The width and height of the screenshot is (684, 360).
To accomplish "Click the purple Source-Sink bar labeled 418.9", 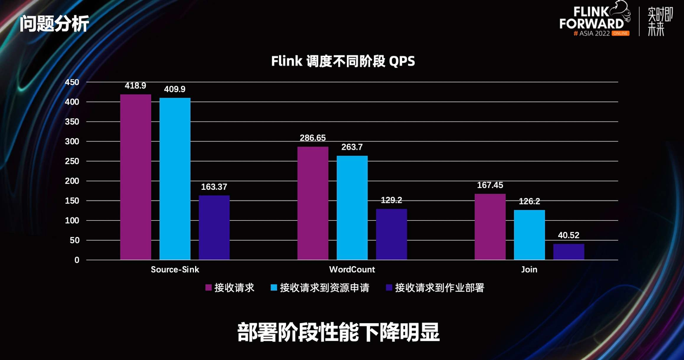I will pos(135,177).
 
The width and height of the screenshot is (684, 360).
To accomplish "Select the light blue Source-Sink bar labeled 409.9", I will pos(175,179).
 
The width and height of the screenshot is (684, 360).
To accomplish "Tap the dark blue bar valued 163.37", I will pos(214,228).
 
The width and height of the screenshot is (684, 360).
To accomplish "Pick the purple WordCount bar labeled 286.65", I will pos(313,203).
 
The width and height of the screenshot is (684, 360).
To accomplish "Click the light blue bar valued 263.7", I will pos(352,208).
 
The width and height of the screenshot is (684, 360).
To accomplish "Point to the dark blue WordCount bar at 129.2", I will pos(391,234).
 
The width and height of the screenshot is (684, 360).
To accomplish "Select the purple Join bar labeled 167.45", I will pos(490,227).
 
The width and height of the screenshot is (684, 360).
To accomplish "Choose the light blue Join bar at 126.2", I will pos(530,235).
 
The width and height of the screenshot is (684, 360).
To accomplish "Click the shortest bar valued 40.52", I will pos(569,252).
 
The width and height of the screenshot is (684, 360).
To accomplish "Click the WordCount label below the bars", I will pos(352,269).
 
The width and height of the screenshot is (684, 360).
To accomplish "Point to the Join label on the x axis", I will pos(529,269).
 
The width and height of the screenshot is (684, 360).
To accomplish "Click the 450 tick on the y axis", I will pos(72,82).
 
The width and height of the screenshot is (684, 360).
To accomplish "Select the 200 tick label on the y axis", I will pos(72,181).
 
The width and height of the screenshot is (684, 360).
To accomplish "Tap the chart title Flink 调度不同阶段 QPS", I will pos(343,61).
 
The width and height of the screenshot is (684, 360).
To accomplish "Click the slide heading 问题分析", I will pos(54,24).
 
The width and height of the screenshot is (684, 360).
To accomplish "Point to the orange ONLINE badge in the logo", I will pos(620,34).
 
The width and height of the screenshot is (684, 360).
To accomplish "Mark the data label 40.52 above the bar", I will pos(569,236).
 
